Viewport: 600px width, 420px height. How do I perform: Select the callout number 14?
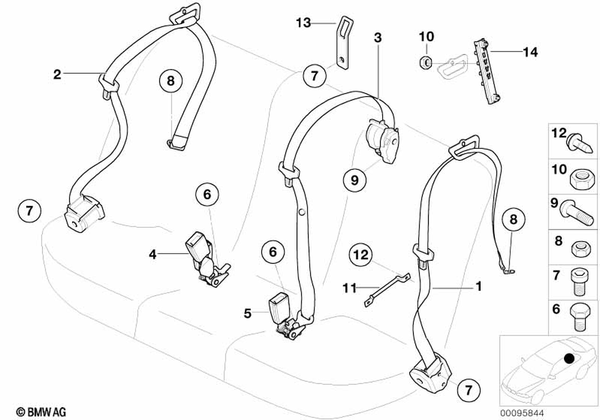click(x=529, y=53)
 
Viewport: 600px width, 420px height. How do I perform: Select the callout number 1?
click(x=478, y=287)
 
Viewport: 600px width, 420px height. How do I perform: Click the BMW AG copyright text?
click(x=37, y=411)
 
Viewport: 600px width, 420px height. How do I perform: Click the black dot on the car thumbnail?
click(x=569, y=359)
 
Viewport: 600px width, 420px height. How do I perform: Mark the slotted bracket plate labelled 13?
click(x=343, y=45)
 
